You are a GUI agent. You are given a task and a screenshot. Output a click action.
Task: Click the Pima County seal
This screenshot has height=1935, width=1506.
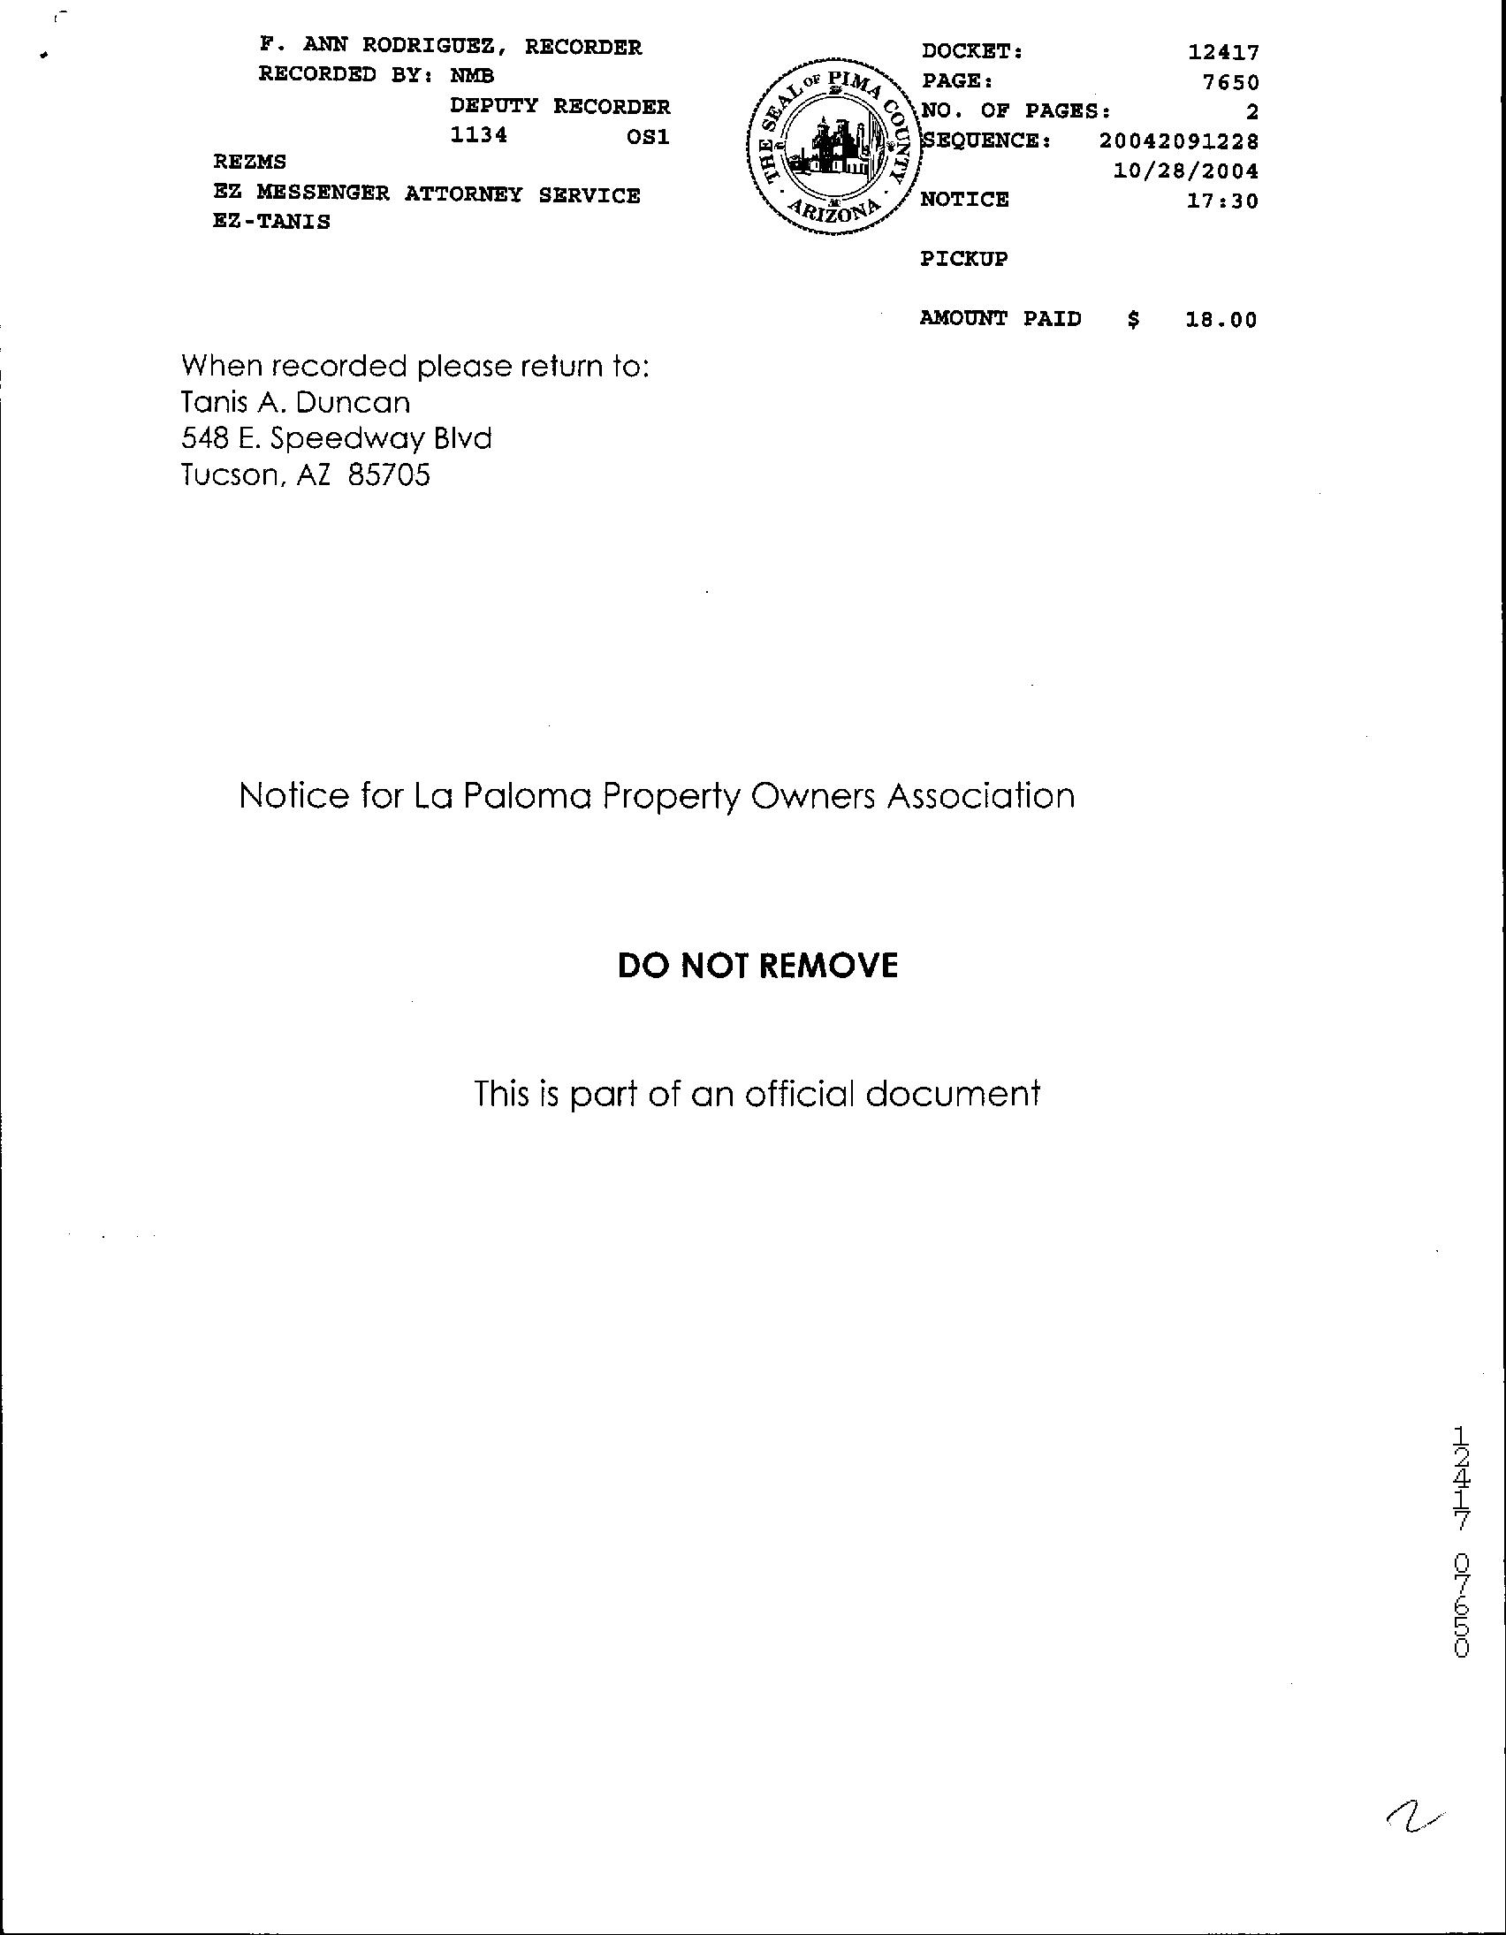(832, 148)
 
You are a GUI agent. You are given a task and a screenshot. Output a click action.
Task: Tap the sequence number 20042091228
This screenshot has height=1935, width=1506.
(1179, 140)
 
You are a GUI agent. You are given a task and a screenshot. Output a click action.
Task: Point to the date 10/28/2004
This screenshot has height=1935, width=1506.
(1186, 171)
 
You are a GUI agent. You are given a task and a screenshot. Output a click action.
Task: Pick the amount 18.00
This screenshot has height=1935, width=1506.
(1221, 320)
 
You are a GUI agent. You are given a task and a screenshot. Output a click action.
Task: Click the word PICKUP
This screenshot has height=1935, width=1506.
(963, 260)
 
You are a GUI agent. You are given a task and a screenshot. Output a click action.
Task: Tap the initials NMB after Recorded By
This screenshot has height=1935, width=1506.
(473, 76)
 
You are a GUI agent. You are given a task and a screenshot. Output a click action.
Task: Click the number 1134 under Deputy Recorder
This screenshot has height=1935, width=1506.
(479, 135)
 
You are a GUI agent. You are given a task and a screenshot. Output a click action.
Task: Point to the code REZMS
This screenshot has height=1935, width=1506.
(250, 163)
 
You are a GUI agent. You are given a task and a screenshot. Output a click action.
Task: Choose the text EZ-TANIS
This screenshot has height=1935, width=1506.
(271, 223)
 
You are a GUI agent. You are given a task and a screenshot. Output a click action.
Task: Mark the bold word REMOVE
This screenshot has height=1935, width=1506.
(828, 966)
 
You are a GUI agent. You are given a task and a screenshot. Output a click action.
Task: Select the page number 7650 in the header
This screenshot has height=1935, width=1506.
(1230, 83)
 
